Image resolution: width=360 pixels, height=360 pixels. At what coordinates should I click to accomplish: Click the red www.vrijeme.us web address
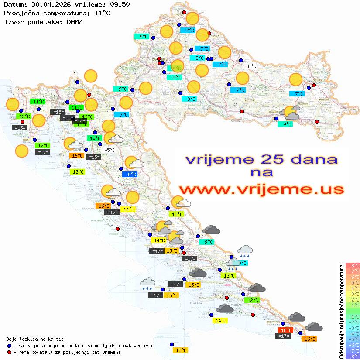pos(261,189)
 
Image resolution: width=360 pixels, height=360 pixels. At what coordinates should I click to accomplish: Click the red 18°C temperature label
pos(286,330)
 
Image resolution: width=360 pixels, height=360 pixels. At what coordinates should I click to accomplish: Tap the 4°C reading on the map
pos(74,75)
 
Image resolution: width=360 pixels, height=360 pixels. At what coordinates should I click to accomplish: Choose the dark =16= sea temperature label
pos(20,128)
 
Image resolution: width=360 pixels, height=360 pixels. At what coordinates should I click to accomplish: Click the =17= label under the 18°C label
pos(284,336)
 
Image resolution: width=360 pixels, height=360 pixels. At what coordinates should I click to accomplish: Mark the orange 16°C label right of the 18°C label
pos(310,339)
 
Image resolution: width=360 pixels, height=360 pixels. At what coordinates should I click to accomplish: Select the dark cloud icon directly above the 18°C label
pos(296,317)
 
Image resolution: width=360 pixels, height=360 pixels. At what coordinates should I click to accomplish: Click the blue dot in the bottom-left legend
pos(9,346)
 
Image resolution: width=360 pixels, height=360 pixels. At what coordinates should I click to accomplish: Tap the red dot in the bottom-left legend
pos(9,352)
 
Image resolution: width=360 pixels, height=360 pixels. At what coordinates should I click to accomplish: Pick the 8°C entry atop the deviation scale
pos(353,265)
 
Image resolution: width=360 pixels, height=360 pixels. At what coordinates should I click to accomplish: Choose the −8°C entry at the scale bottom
pos(353,356)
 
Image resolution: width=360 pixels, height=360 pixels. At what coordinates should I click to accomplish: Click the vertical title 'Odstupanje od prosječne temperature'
pos(341,310)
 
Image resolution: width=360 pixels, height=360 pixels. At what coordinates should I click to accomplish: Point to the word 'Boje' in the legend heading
pos(12,339)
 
